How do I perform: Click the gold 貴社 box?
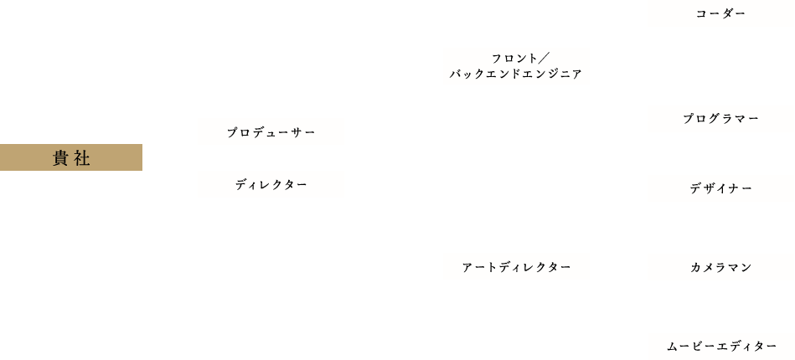coord(71,157)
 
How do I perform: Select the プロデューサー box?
coord(271,132)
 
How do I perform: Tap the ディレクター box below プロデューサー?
coord(271,184)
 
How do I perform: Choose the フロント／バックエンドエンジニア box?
coord(516,66)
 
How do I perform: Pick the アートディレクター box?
coord(516,267)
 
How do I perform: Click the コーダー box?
coord(720,14)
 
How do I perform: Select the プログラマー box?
coord(720,120)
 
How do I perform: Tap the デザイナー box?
coord(720,189)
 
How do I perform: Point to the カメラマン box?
coord(720,267)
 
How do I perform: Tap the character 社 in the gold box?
coord(83,157)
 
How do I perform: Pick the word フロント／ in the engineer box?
coord(517,58)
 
